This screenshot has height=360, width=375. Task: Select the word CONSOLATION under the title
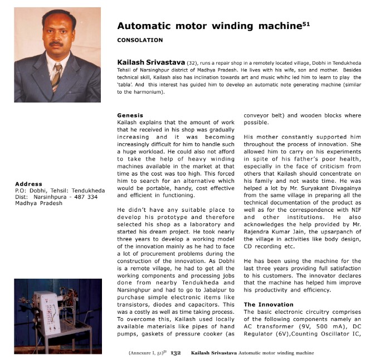140,40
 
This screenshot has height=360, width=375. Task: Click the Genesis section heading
130,115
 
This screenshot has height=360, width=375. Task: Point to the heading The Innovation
269,304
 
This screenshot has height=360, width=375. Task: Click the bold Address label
28,184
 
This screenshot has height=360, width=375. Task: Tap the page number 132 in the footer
176,353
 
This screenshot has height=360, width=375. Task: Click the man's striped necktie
56,77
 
